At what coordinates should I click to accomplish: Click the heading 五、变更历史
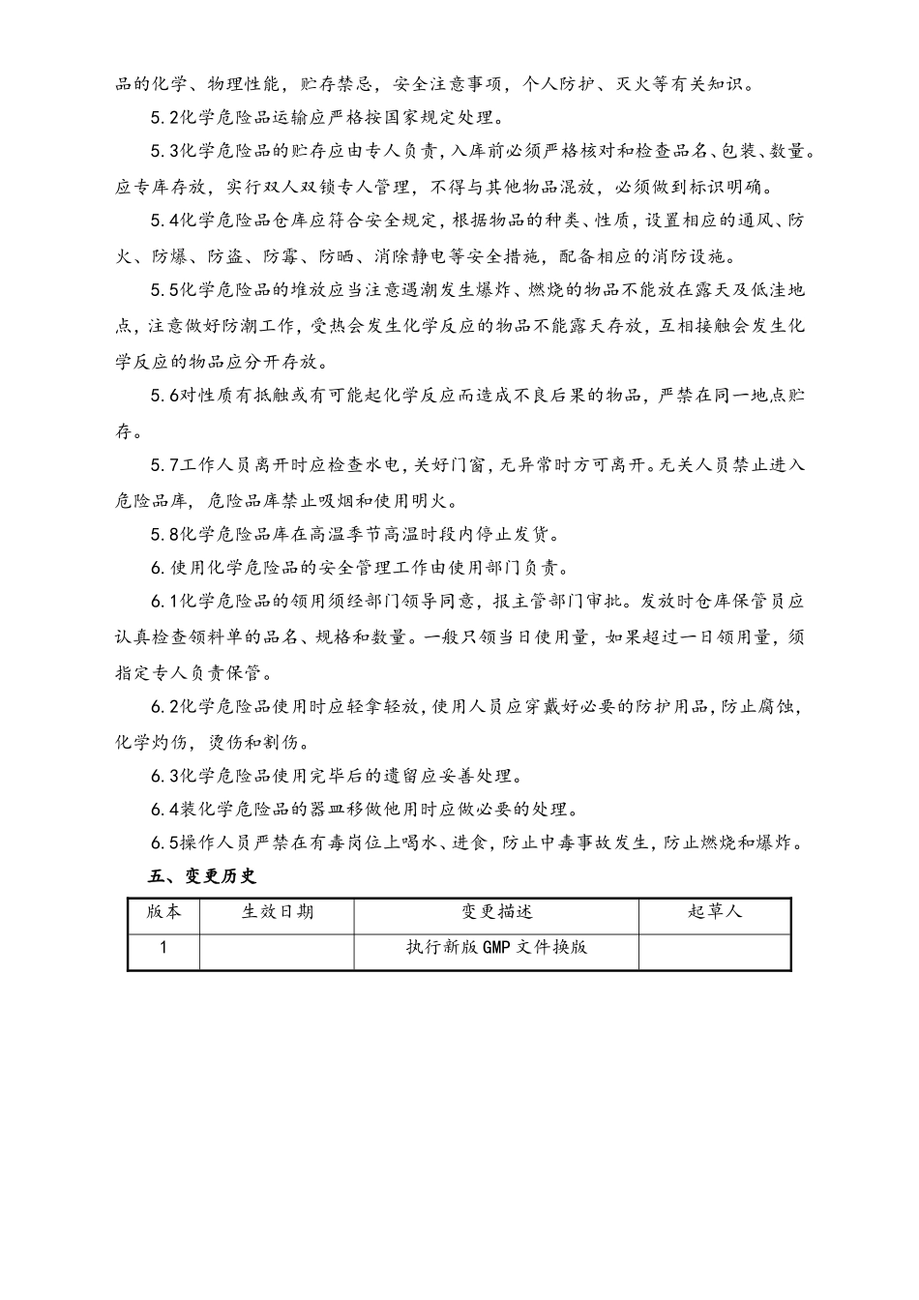coord(201,876)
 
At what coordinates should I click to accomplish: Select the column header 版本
coord(163,912)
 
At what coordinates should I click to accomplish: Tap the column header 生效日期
coord(277,912)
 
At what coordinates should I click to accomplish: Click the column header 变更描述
coord(496,912)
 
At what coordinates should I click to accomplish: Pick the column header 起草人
coord(714,912)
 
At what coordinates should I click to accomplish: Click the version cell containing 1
coord(163,948)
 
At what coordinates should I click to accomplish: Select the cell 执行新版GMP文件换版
coord(496,948)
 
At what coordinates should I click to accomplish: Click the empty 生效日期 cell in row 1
coord(277,949)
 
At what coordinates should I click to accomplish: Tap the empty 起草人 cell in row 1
coord(714,949)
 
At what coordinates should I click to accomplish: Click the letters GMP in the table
coord(496,948)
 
